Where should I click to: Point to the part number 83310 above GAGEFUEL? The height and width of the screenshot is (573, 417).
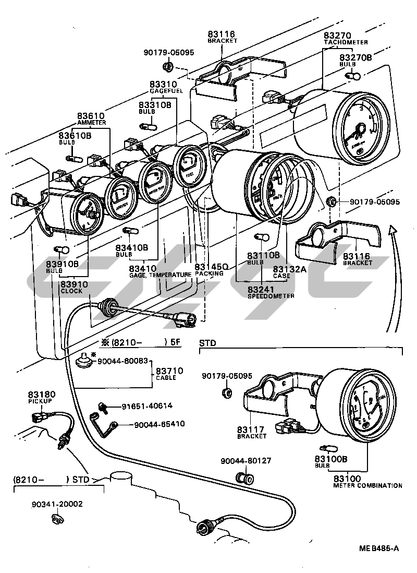point(164,84)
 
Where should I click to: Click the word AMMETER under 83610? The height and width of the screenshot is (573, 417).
point(92,123)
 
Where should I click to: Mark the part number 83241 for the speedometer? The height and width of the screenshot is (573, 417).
point(264,289)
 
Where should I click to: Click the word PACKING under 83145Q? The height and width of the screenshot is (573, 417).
point(210,273)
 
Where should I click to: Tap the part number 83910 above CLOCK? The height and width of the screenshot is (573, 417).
point(74,284)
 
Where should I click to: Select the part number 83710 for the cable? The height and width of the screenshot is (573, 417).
point(171,371)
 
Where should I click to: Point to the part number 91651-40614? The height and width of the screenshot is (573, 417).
point(147,406)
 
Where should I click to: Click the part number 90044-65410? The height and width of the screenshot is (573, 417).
point(159,424)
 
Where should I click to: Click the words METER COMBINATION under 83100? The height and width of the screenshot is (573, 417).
point(367,485)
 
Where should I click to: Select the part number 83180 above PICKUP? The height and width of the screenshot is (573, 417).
point(42,394)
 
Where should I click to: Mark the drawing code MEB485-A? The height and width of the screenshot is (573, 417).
point(379,548)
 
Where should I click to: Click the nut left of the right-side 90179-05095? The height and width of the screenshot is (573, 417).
point(330,201)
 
